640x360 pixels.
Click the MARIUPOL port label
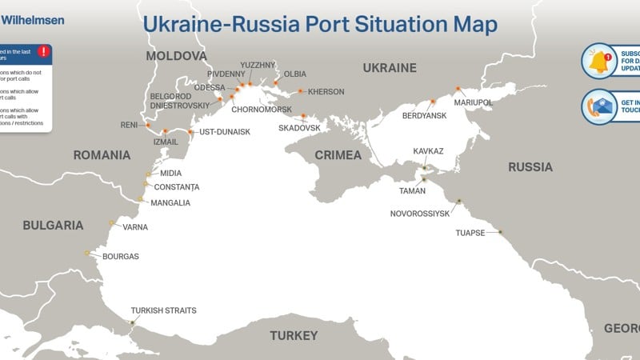473,102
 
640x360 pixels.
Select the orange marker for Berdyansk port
433,102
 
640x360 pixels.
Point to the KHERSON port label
326,92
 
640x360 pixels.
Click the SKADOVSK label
299,128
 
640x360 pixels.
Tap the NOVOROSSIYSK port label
420,214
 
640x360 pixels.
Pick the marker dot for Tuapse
500,232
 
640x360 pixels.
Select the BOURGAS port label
121,257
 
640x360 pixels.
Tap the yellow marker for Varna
111,222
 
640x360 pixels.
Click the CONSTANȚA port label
176,187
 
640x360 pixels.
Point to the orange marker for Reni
147,125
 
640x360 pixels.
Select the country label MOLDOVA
176,56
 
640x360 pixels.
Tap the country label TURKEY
294,335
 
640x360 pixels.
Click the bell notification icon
598,61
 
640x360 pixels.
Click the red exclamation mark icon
43,52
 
